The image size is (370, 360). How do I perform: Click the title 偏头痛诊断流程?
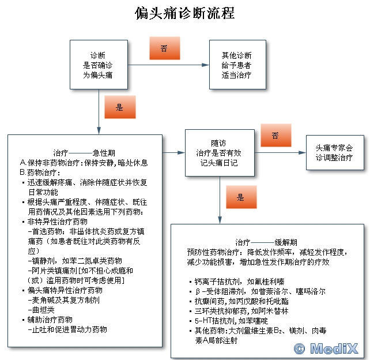pyautogui.click(x=185, y=13)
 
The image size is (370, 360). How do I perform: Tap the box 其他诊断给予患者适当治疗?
pyautogui.click(x=236, y=65)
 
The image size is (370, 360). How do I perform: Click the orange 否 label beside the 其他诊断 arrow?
pyautogui.click(x=164, y=48)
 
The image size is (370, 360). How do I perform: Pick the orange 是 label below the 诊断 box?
pyautogui.click(x=120, y=107)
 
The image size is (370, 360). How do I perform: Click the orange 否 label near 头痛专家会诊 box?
pyautogui.click(x=275, y=136)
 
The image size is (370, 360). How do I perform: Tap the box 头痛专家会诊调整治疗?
pyautogui.click(x=334, y=153)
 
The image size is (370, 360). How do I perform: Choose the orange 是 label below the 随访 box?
pyautogui.click(x=240, y=197)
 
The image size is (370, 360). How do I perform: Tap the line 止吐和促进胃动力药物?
pyautogui.click(x=68, y=329)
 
